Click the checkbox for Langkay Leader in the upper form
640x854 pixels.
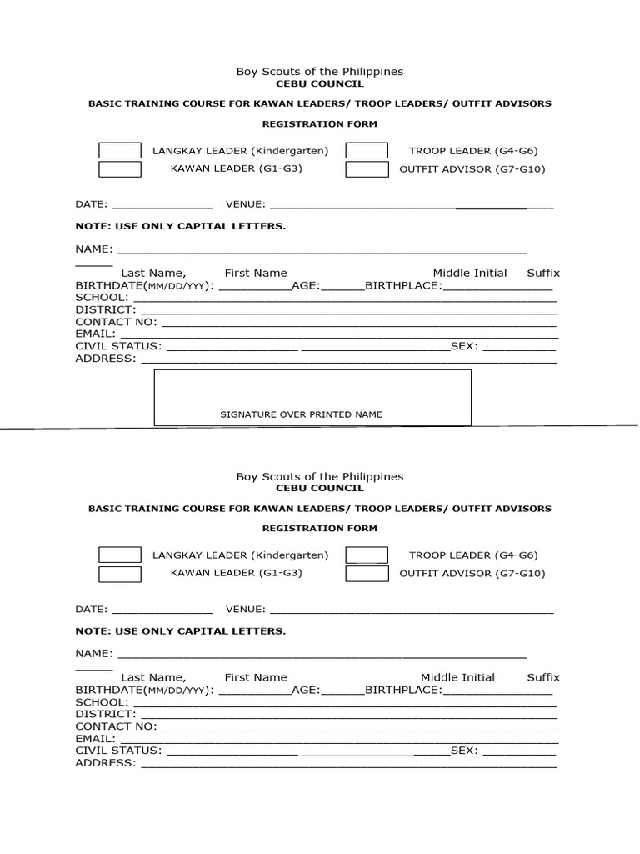point(120,151)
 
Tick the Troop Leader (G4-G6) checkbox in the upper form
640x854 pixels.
point(367,151)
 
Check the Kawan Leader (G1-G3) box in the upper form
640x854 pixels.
point(120,169)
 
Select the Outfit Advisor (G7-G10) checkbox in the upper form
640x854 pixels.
point(367,169)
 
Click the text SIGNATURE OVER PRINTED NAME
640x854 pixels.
point(301,414)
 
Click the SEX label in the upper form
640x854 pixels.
point(463,346)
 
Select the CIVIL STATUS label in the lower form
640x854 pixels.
point(118,751)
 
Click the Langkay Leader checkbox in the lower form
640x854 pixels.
point(120,555)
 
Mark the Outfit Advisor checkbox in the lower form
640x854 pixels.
point(367,574)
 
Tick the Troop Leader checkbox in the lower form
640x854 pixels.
point(367,555)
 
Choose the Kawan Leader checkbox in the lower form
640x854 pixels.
point(120,574)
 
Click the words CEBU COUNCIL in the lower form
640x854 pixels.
point(319,488)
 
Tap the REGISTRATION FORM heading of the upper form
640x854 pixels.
point(320,124)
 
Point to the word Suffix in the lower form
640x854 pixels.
point(543,677)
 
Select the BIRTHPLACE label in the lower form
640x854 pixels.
point(402,690)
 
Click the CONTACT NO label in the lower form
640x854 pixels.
point(116,726)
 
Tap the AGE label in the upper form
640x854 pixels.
point(305,285)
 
